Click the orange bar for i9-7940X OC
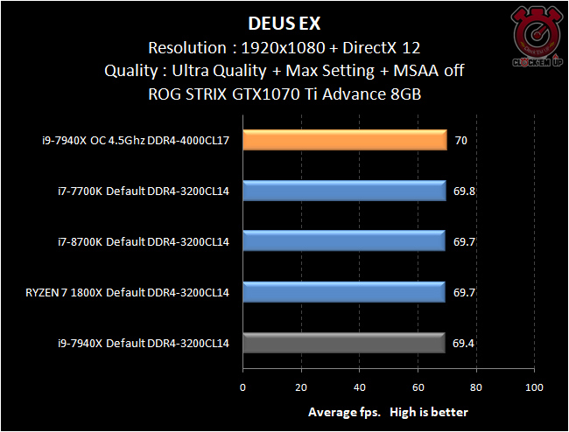pyautogui.click(x=344, y=141)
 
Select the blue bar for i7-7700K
pyautogui.click(x=344, y=191)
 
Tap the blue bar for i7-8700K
pyautogui.click(x=344, y=241)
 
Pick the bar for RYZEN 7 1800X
pyautogui.click(x=344, y=292)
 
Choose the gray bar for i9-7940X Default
pyautogui.click(x=344, y=343)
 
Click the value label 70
pyautogui.click(x=460, y=141)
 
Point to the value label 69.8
pyautogui.click(x=464, y=191)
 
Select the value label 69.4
pyautogui.click(x=464, y=343)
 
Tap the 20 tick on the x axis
pyautogui.click(x=301, y=387)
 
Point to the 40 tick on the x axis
pyautogui.click(x=360, y=387)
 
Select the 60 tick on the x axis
pyautogui.click(x=418, y=387)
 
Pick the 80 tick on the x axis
pyautogui.click(x=476, y=387)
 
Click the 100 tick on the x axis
pyautogui.click(x=534, y=387)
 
